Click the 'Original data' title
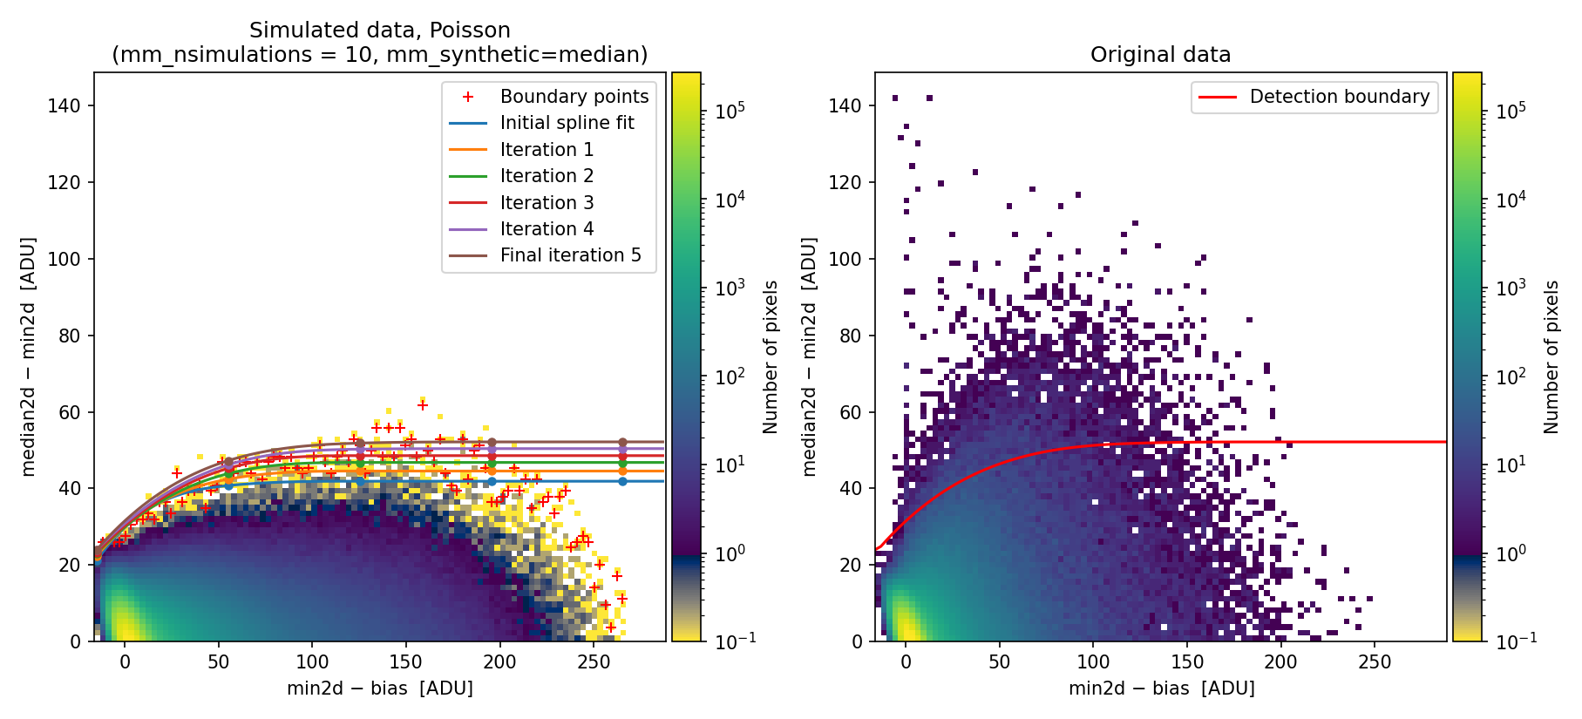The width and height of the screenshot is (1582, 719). point(1160,55)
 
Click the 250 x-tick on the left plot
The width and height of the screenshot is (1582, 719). point(594,661)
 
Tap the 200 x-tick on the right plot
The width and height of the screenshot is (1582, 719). point(1281,661)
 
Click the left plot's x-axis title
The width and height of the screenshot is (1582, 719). point(380,688)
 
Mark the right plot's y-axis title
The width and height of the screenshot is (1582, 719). point(810,356)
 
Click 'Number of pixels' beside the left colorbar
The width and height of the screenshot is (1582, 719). point(771,356)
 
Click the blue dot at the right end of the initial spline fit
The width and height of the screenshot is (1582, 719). point(622,481)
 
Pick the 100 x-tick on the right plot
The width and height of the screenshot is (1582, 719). point(1093,661)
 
